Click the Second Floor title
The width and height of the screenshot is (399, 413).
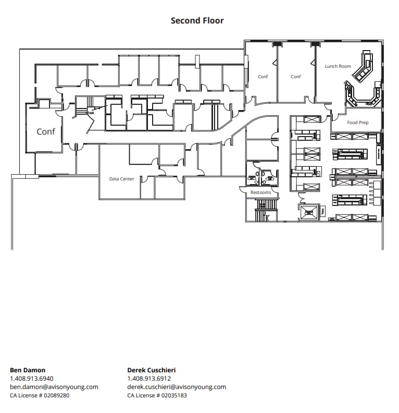[197, 21]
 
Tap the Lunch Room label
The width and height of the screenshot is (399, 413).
[338, 66]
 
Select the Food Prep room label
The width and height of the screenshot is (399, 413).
[358, 123]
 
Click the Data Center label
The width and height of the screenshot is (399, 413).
[121, 179]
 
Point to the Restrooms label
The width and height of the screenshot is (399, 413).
[260, 192]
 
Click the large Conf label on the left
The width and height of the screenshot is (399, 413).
[46, 132]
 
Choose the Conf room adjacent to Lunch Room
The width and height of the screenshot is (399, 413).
[296, 77]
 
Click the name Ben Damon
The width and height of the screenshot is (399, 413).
[28, 370]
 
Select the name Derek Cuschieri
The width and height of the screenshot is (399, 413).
[152, 370]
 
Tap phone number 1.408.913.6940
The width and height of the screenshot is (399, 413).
[32, 379]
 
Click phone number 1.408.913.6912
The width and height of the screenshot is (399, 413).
[149, 379]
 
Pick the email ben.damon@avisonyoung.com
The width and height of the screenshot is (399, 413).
[54, 387]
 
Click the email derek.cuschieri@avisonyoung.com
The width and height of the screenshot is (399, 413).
[177, 387]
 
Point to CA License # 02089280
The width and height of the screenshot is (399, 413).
[40, 395]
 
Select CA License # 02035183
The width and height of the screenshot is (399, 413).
[157, 395]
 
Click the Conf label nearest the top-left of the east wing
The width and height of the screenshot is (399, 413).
[263, 77]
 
